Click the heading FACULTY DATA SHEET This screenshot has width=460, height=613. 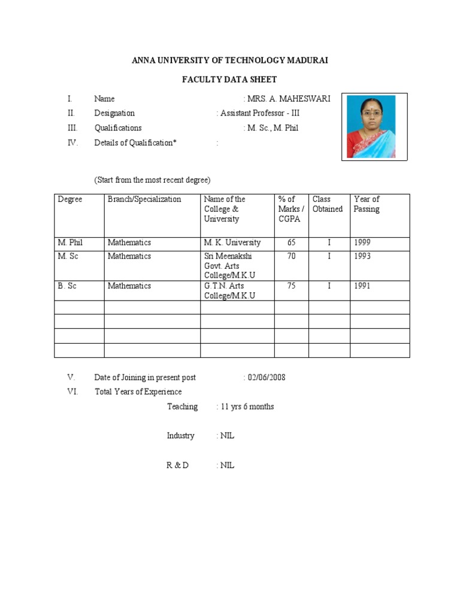click(x=229, y=80)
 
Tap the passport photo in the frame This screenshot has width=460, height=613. click(x=374, y=127)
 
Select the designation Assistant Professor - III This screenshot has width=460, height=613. click(x=259, y=113)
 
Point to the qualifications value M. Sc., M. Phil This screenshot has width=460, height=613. click(x=273, y=128)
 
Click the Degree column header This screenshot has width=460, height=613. click(x=70, y=199)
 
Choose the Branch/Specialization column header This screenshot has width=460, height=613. click(x=144, y=199)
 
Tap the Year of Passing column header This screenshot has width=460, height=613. click(x=367, y=204)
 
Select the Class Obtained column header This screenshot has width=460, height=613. click(x=328, y=204)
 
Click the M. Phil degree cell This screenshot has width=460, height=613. click(x=71, y=242)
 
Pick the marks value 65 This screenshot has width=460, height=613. click(x=292, y=242)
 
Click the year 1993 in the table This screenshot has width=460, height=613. click(x=362, y=256)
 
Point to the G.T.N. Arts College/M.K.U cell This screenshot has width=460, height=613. click(x=229, y=291)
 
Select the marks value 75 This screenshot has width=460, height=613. click(x=292, y=286)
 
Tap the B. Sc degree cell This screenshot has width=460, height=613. click(x=67, y=286)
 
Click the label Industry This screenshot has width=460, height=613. click(x=180, y=436)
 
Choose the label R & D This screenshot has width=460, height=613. click(x=177, y=465)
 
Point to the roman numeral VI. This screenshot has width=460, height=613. click(x=72, y=392)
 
